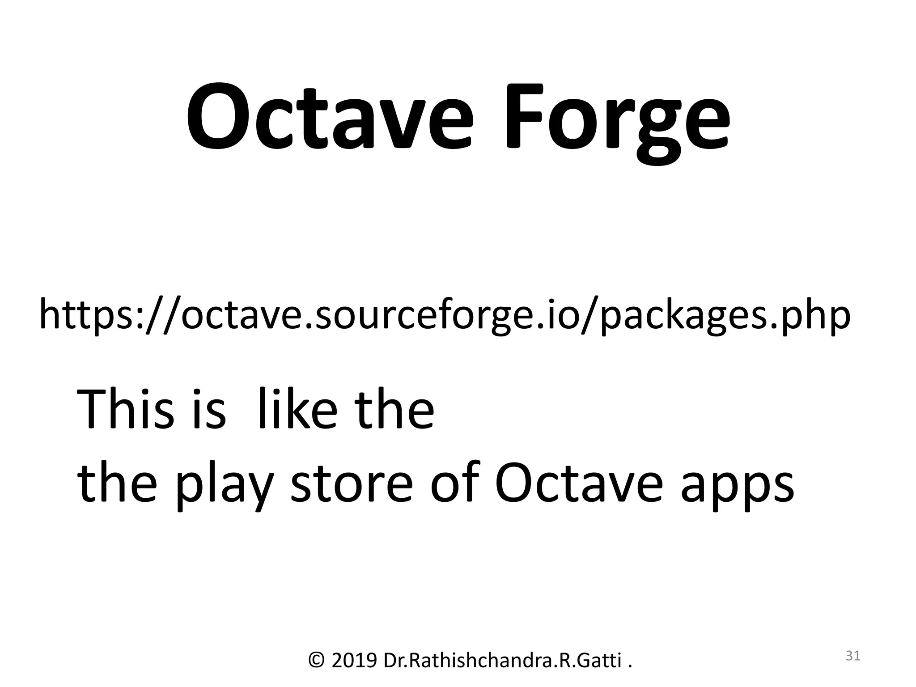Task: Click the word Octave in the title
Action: pyautogui.click(x=329, y=119)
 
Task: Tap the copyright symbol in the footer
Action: pyautogui.click(x=317, y=660)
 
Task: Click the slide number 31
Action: pyautogui.click(x=853, y=656)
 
